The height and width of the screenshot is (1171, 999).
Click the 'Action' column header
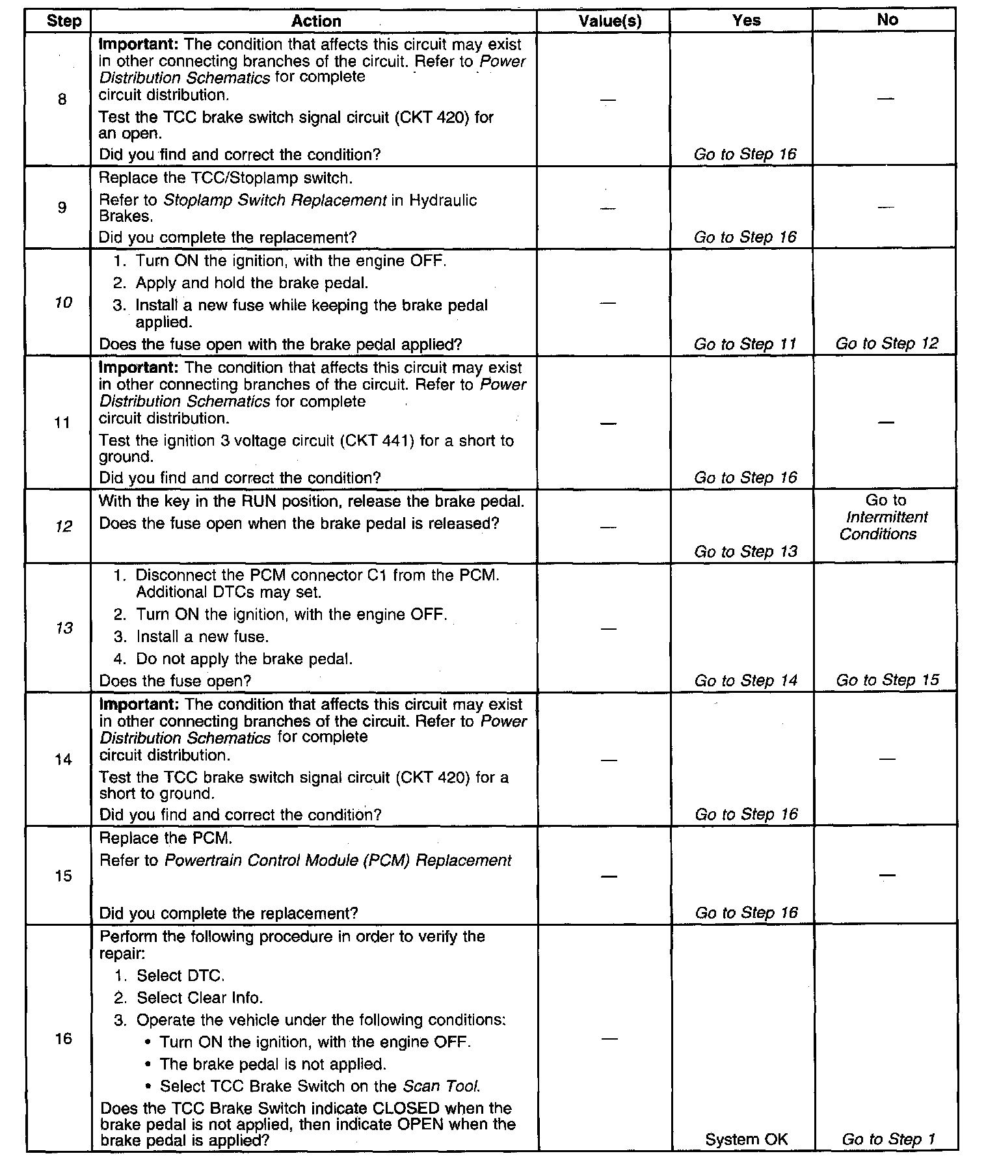pos(316,21)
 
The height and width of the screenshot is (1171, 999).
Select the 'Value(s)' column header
pos(609,21)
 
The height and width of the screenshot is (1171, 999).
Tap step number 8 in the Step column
pos(62,100)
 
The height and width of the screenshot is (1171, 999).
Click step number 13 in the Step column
pos(64,628)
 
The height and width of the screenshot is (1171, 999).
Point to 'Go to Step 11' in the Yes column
pos(745,344)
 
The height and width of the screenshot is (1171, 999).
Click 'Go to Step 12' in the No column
pos(886,343)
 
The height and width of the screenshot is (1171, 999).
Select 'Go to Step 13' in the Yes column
pos(745,552)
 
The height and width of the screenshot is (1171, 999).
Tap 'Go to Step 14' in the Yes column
pos(745,680)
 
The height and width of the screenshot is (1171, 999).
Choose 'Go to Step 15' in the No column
pos(887,680)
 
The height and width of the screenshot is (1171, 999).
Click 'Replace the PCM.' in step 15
pos(165,838)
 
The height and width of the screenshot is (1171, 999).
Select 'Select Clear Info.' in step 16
pos(199,998)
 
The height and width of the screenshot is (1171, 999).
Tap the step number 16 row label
pos(63,1038)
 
